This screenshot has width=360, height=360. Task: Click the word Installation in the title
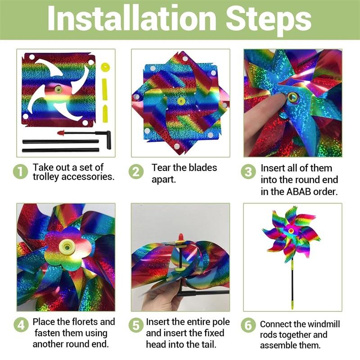coord(132,18)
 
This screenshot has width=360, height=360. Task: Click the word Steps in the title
coord(269,20)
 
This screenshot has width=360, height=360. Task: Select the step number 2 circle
coord(136,172)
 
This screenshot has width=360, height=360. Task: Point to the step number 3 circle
coord(248,172)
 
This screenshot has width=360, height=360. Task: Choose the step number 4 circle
coord(21,325)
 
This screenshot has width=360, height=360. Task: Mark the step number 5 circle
coord(136,325)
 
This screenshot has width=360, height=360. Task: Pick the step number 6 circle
coord(248,325)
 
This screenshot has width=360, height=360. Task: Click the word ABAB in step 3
coord(298,192)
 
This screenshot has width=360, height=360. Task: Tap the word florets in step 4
coord(85,322)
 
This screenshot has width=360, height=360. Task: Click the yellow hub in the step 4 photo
coord(67,247)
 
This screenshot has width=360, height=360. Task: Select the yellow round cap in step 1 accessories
coord(105,68)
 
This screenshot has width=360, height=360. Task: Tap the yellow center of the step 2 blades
coord(181,101)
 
